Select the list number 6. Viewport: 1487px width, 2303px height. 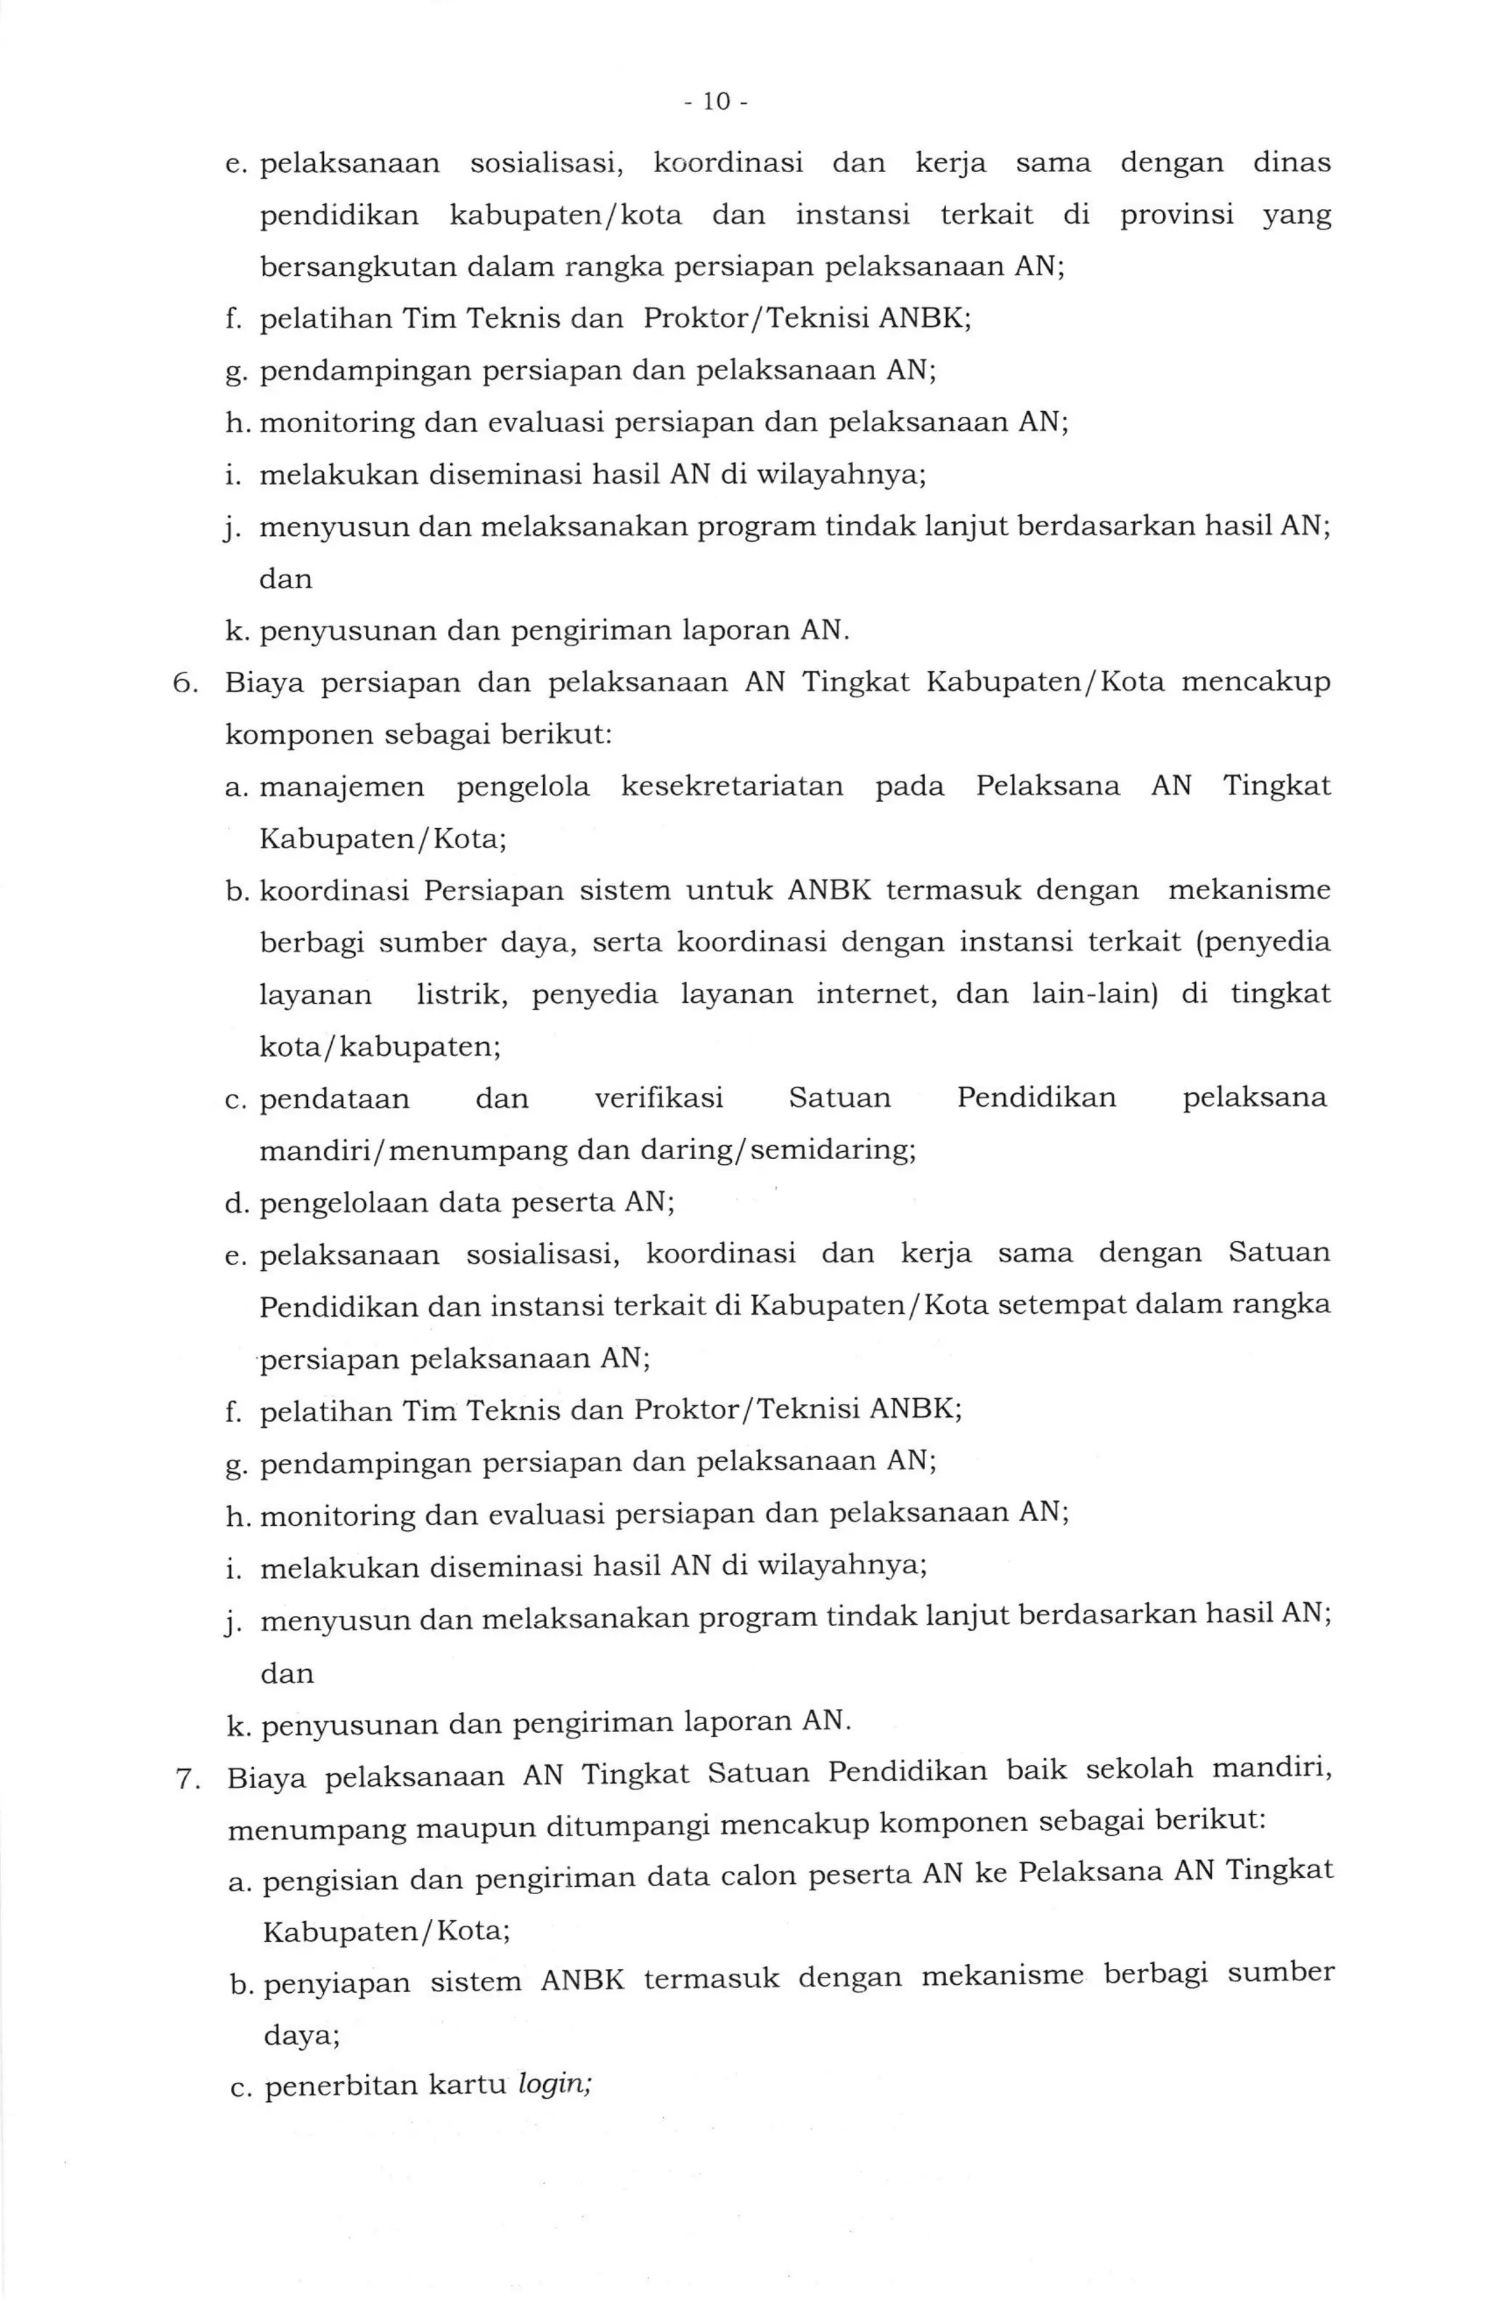pyautogui.click(x=184, y=683)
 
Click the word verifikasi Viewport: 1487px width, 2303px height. pyautogui.click(x=659, y=1098)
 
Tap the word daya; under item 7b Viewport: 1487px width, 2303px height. pyautogui.click(x=301, y=2031)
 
